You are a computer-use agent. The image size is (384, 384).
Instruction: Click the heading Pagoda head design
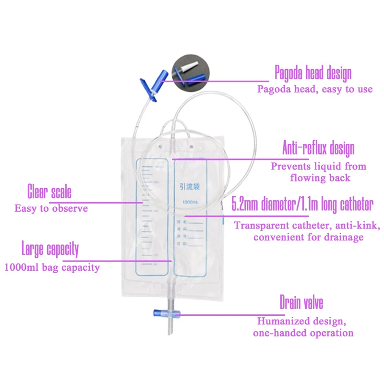[x=313, y=73]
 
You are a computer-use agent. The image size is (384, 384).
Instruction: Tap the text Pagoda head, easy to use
[x=315, y=89]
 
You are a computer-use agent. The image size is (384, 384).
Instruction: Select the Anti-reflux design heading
[x=318, y=148]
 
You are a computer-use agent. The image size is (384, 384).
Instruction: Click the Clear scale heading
[x=49, y=192]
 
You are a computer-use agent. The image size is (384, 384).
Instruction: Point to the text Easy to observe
[x=51, y=208]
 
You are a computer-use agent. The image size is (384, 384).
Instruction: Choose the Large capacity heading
[x=50, y=250]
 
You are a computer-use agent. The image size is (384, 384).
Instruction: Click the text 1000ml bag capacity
[x=52, y=267]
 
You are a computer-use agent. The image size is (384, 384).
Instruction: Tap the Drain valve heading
[x=301, y=303]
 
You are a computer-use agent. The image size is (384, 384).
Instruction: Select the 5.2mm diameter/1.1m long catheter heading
[x=302, y=205]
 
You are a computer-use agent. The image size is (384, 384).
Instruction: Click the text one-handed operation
[x=303, y=332]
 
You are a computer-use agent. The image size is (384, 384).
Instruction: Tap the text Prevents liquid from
[x=319, y=167]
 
